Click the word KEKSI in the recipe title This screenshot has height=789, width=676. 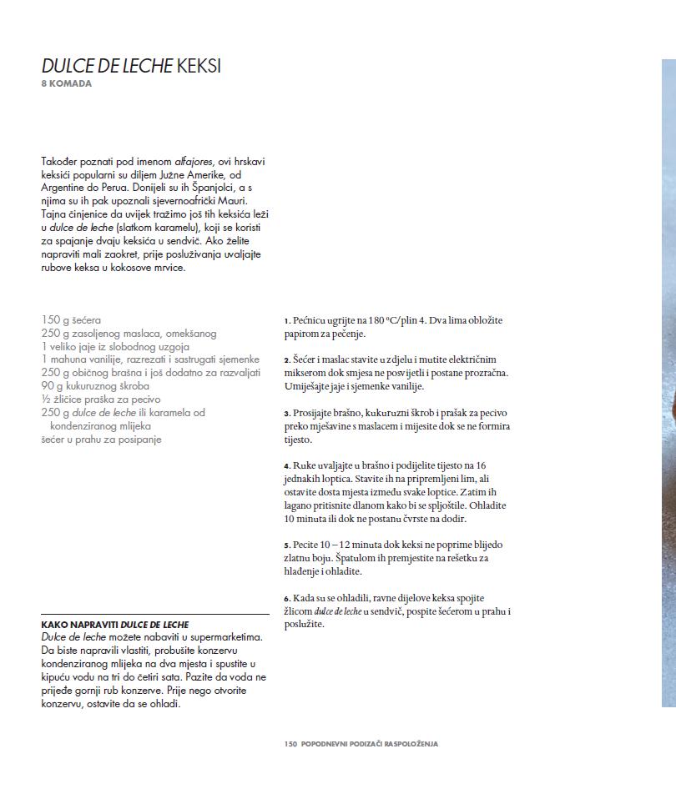click(199, 66)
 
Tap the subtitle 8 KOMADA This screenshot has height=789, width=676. click(66, 83)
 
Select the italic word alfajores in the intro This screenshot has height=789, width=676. click(195, 161)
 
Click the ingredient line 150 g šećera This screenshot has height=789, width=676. click(71, 319)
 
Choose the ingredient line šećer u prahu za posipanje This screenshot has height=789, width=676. click(101, 440)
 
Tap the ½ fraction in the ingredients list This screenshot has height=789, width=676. click(45, 400)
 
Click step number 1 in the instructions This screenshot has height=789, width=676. click(286, 320)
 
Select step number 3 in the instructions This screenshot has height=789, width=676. click(286, 414)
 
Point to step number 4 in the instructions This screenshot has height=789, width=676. click(286, 466)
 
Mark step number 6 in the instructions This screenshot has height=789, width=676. click(286, 599)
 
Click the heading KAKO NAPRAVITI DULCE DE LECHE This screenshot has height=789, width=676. click(115, 624)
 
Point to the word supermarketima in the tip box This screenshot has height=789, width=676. click(222, 636)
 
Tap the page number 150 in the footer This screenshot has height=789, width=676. click(290, 744)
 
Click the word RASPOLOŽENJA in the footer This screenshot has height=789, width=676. click(407, 744)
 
